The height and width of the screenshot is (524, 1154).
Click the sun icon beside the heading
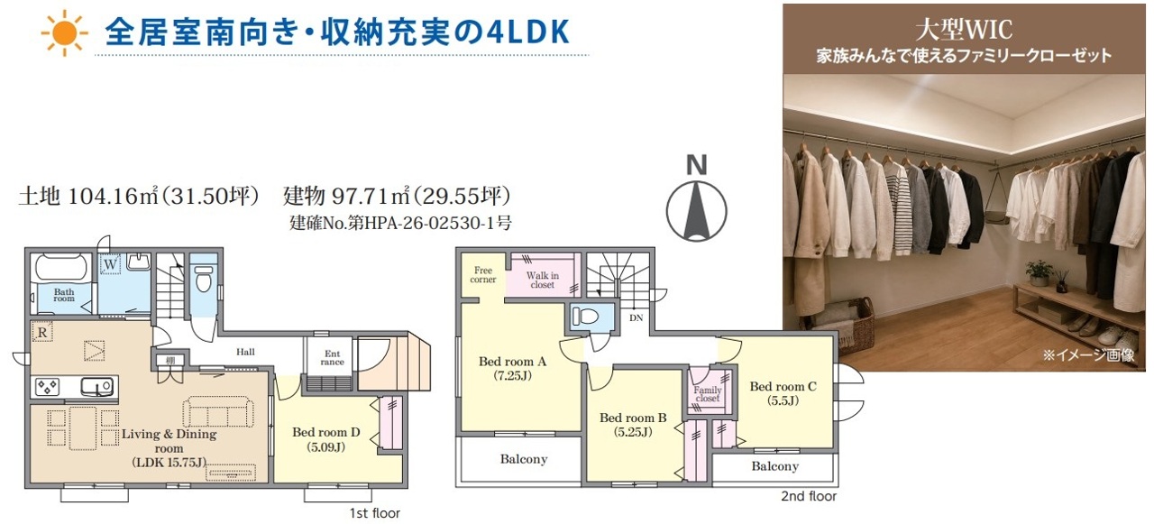coord(65,33)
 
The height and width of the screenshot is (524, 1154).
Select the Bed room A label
coord(512,368)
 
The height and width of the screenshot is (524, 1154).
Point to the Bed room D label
coord(326,439)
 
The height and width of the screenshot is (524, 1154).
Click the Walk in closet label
coord(542,280)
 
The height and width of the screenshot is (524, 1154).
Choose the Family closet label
coord(708,394)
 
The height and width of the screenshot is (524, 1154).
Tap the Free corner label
coord(482,274)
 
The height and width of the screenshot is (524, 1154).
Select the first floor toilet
coord(204,279)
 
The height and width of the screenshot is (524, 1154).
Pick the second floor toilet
coord(586,316)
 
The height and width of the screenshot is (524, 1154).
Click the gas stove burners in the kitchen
coord(47,386)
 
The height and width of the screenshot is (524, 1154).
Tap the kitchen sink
coord(96,386)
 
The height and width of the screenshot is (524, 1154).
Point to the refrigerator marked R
coord(42,332)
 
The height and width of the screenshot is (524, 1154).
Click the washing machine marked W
coord(110,265)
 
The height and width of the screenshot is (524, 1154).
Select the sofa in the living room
coord(218,411)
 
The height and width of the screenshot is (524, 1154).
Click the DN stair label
coord(637,317)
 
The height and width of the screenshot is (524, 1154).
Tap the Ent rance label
coord(333,357)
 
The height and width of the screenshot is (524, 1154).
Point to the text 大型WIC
coord(964,30)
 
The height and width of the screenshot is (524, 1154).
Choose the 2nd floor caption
coord(809,496)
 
